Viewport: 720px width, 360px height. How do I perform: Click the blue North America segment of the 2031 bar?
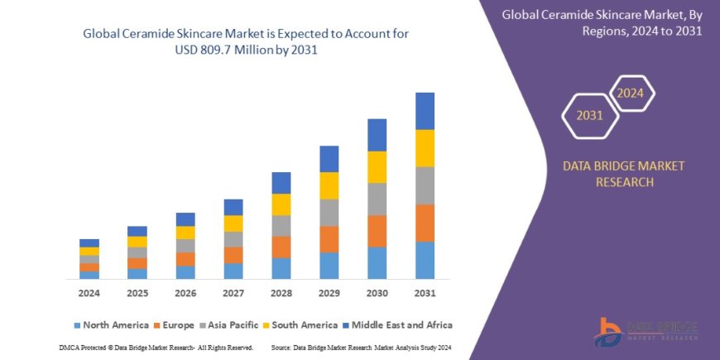point(425,260)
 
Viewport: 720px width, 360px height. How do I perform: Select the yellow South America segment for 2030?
point(377,167)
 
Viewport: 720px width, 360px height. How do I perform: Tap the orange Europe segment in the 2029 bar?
point(329,239)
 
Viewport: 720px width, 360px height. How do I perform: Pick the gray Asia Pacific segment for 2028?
point(281,226)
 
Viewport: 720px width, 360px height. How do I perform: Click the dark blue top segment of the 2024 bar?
point(89,242)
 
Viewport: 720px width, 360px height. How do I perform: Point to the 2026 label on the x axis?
point(185,294)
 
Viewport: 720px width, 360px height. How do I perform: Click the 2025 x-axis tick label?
point(137,294)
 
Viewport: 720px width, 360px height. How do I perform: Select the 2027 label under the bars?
point(233,294)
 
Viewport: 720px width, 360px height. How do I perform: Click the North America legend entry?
point(112,325)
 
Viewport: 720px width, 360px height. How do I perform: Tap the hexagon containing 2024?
point(630,93)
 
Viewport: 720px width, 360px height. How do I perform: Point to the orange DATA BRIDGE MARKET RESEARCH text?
point(623,174)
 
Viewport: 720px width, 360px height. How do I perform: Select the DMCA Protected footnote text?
point(156,348)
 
